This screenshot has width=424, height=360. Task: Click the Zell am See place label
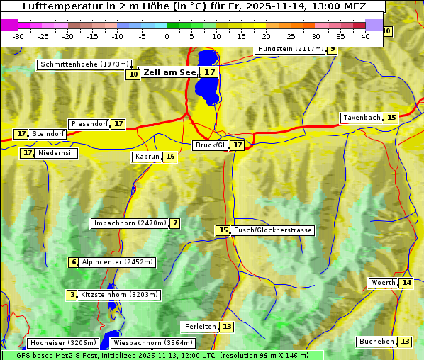coord(169,72)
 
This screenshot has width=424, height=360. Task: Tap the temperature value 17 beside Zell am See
coord(209,72)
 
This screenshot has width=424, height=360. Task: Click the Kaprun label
coord(147,157)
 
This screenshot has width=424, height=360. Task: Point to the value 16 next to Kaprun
coord(169,157)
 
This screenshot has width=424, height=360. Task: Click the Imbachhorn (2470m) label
coord(130,223)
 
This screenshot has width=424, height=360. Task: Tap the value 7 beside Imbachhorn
coord(174,223)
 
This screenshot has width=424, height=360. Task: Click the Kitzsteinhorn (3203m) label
coord(120,295)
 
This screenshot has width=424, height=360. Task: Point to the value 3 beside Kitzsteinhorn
coord(72,295)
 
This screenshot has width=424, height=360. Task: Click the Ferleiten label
coord(199,327)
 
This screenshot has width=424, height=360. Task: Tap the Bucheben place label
coord(376,342)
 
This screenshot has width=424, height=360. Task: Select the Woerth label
coord(383,283)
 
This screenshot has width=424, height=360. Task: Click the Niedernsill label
coord(56,153)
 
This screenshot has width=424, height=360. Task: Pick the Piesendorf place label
coord(89,124)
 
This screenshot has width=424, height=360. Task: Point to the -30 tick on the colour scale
coord(19,35)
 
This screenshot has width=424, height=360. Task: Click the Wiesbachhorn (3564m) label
coord(153,343)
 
